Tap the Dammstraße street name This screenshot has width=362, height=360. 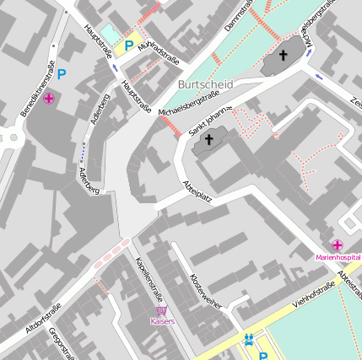[x=237, y=19]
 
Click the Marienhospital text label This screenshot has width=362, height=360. [x=338, y=256]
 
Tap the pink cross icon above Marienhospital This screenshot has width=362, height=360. [x=338, y=244]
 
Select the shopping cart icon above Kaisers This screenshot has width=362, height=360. [x=162, y=311]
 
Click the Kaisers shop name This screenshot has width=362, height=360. [x=162, y=322]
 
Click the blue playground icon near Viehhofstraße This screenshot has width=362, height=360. [x=248, y=340]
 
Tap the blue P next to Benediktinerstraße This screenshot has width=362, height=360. [x=62, y=74]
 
